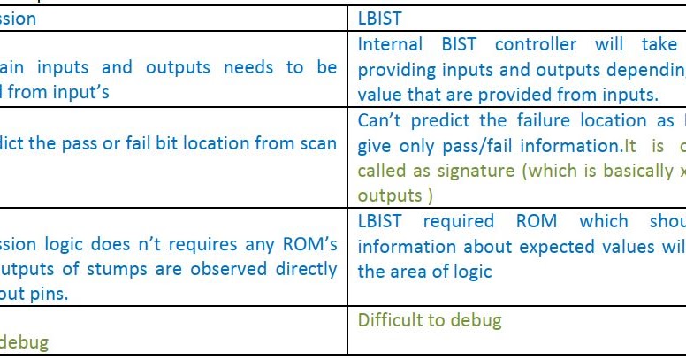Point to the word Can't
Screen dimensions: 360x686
378,121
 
